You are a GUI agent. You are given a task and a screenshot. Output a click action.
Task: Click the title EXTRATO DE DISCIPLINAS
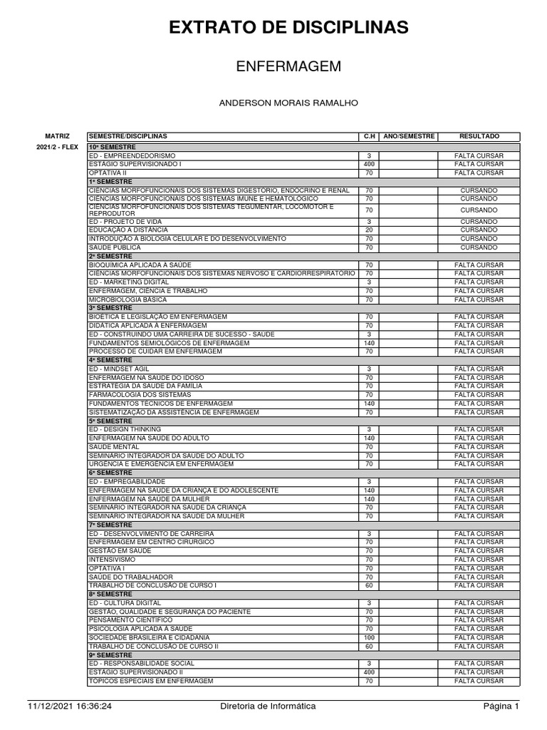tap(288, 28)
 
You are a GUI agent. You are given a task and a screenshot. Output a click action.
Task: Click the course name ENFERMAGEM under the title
tap(288, 66)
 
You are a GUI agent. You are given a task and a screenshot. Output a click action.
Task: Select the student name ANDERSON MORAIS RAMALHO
tap(288, 103)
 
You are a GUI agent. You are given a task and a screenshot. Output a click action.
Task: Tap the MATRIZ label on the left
tap(58, 135)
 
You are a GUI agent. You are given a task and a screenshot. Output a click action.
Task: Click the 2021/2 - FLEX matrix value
tap(57, 147)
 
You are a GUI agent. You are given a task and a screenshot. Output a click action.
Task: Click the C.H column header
tap(369, 135)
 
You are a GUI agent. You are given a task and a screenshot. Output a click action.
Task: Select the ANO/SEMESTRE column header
tap(408, 135)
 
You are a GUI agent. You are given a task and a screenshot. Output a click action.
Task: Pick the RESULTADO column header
tap(479, 135)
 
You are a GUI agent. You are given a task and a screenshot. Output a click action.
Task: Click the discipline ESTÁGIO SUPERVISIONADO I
tap(135, 164)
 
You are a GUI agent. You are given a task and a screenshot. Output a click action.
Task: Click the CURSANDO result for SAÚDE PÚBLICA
tap(479, 247)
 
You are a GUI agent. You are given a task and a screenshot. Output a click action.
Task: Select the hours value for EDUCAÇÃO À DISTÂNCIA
tap(369, 230)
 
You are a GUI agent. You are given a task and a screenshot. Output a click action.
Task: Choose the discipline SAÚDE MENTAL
tap(114, 446)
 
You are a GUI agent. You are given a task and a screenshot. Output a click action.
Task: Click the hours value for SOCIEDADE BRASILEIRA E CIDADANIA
tap(369, 637)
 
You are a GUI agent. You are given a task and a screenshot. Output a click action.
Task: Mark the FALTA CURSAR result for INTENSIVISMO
tap(479, 560)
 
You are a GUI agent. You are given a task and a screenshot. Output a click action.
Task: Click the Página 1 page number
tap(501, 706)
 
